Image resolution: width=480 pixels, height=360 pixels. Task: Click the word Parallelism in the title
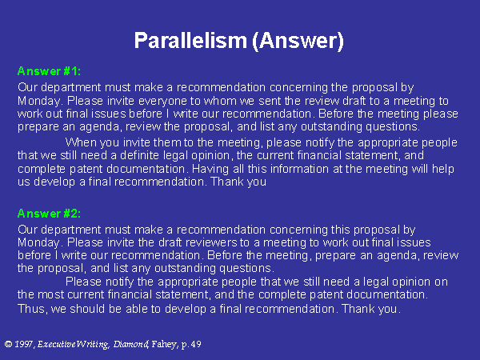(190, 41)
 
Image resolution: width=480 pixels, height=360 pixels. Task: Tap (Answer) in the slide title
(298, 41)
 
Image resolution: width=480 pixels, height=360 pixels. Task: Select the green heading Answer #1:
(49, 71)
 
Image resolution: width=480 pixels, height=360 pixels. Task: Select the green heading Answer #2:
(49, 214)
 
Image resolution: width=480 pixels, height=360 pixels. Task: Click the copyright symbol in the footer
(8, 344)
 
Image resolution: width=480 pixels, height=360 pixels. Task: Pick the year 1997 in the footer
(23, 344)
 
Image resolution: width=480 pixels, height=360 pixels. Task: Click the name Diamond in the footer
(130, 344)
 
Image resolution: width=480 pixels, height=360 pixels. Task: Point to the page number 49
(196, 344)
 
